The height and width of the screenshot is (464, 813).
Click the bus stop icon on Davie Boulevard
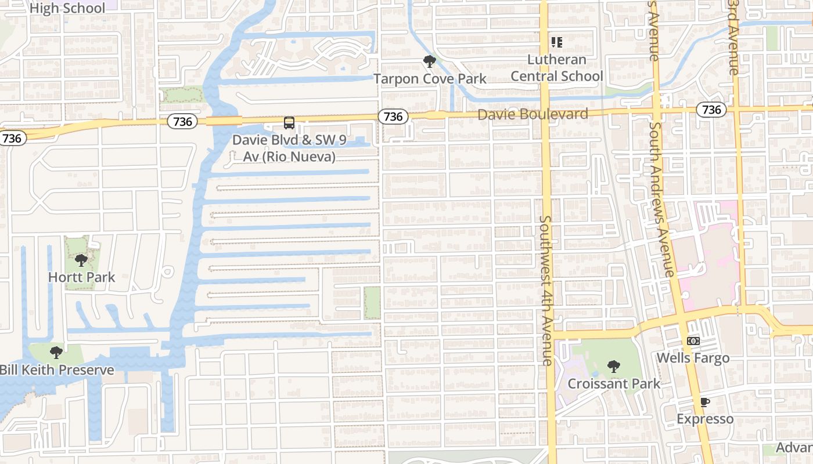289,123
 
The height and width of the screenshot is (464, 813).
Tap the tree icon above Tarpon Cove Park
429,61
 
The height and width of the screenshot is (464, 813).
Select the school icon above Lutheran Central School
557,42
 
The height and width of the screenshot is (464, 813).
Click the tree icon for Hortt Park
81,260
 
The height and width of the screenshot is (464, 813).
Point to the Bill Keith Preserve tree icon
56,353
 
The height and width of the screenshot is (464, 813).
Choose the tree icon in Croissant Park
613,367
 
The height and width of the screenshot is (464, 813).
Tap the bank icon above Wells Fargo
693,341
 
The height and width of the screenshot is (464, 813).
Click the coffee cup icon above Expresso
704,403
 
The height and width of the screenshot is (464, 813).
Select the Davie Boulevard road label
533,114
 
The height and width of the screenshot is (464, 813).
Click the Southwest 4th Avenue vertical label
546,290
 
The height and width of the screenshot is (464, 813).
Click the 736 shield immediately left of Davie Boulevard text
393,117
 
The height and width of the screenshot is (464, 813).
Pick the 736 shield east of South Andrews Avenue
711,110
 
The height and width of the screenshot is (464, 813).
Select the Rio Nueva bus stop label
283,148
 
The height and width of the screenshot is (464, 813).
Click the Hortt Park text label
81,277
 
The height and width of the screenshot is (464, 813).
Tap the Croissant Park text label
614,383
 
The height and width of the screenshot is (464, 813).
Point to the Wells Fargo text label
693,358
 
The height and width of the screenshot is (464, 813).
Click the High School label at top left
67,8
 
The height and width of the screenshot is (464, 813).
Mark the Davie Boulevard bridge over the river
224,121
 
